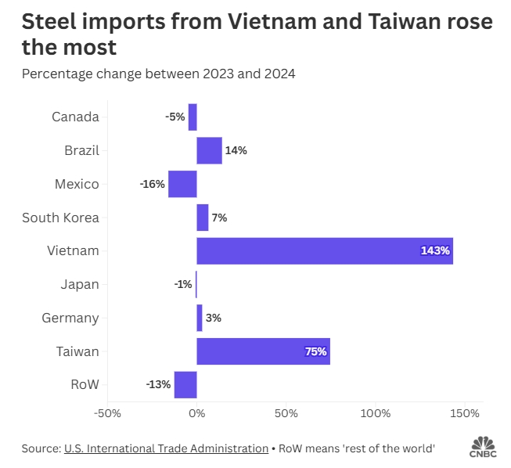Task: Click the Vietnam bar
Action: [x=325, y=250]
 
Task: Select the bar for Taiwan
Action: [x=263, y=351]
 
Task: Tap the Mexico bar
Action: [x=182, y=184]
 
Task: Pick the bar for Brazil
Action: [x=209, y=150]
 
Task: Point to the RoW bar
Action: [x=185, y=385]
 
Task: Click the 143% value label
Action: [x=435, y=251]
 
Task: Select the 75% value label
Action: [x=315, y=352]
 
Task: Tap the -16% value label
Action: [x=153, y=185]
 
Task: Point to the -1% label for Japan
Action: [x=183, y=285]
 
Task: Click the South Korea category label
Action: [x=60, y=218]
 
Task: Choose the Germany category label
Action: [x=71, y=318]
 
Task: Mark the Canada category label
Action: [x=75, y=117]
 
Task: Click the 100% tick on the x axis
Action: [x=376, y=413]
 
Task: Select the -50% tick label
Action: [x=107, y=413]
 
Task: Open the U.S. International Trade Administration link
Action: [x=165, y=448]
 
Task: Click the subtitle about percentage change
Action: [x=158, y=74]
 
